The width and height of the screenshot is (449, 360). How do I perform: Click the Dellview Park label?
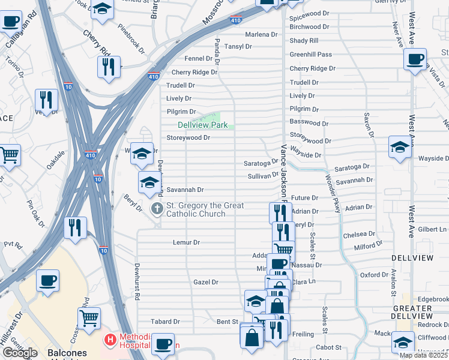click(x=202, y=125)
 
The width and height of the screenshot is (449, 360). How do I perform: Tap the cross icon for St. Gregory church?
click(x=157, y=209)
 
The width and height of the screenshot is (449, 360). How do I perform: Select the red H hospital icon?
click(x=110, y=340)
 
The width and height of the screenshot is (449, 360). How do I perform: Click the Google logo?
click(x=20, y=353)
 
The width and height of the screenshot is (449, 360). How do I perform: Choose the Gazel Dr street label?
click(x=206, y=282)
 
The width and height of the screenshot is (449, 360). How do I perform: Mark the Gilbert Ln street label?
click(x=433, y=229)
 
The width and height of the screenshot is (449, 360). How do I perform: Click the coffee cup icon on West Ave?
click(x=415, y=59)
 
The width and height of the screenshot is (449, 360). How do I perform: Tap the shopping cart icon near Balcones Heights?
click(x=89, y=318)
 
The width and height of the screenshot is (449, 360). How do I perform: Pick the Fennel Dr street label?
click(x=198, y=59)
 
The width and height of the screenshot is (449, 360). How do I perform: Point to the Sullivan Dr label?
click(x=264, y=176)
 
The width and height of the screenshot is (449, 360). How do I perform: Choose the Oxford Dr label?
click(x=374, y=275)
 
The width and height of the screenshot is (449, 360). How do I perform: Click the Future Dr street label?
click(x=304, y=197)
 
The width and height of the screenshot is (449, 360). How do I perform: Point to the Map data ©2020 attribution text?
click(x=423, y=355)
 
